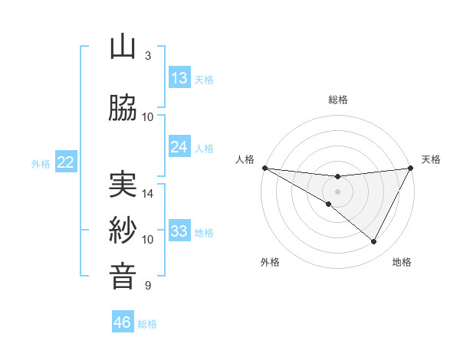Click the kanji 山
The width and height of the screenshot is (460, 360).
pyautogui.click(x=123, y=48)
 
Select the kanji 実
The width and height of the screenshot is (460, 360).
pyautogui.click(x=123, y=185)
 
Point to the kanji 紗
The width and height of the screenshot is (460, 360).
pyautogui.click(x=123, y=230)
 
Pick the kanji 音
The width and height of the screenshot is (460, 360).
pyautogui.click(x=123, y=276)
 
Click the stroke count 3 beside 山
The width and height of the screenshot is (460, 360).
pyautogui.click(x=148, y=56)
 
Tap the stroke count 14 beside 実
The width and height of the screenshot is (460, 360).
pyautogui.click(x=148, y=194)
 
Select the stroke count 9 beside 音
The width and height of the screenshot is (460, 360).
pyautogui.click(x=148, y=286)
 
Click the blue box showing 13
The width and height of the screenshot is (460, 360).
pyautogui.click(x=179, y=78)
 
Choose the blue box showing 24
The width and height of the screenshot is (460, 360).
pyautogui.click(x=179, y=147)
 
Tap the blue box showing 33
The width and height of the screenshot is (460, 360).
pyautogui.click(x=179, y=231)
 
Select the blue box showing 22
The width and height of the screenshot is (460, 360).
pyautogui.click(x=66, y=162)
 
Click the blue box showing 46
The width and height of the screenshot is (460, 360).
pyautogui.click(x=123, y=322)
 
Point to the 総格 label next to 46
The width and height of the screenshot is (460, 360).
pyautogui.click(x=148, y=324)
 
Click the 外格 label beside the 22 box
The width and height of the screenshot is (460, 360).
pyautogui.click(x=41, y=163)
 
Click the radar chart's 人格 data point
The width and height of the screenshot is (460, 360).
pyautogui.click(x=264, y=168)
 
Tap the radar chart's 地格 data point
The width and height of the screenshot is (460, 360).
pyautogui.click(x=374, y=242)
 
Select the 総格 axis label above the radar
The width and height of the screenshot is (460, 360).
pyautogui.click(x=338, y=100)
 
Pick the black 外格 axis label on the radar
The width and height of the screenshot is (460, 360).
pyautogui.click(x=270, y=263)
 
